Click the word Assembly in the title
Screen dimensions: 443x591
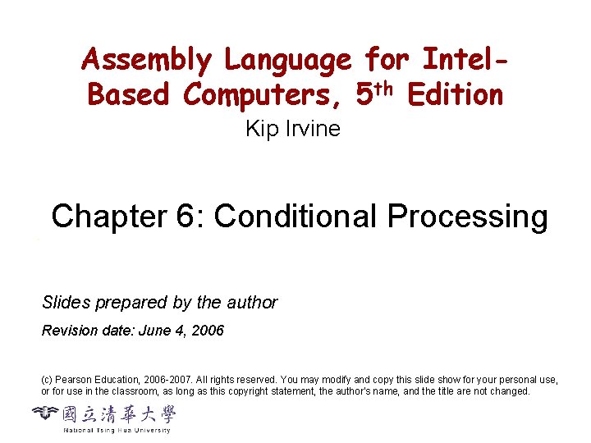(x=146, y=61)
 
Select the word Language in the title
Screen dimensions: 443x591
(x=288, y=61)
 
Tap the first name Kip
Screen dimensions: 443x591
(x=261, y=129)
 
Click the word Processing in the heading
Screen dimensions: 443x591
(x=468, y=217)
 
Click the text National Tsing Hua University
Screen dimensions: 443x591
(x=117, y=430)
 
